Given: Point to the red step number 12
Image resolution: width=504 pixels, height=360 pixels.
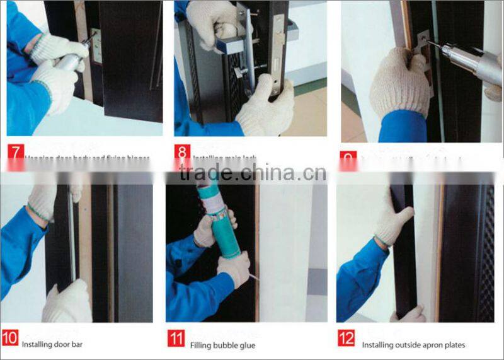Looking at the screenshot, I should pyautogui.click(x=346, y=338).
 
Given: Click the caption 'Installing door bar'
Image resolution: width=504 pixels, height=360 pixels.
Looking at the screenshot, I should pyautogui.click(x=52, y=345).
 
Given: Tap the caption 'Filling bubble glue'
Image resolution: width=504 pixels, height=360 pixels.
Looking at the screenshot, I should pyautogui.click(x=222, y=345).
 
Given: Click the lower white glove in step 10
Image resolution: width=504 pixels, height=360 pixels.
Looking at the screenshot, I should pyautogui.click(x=66, y=301).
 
